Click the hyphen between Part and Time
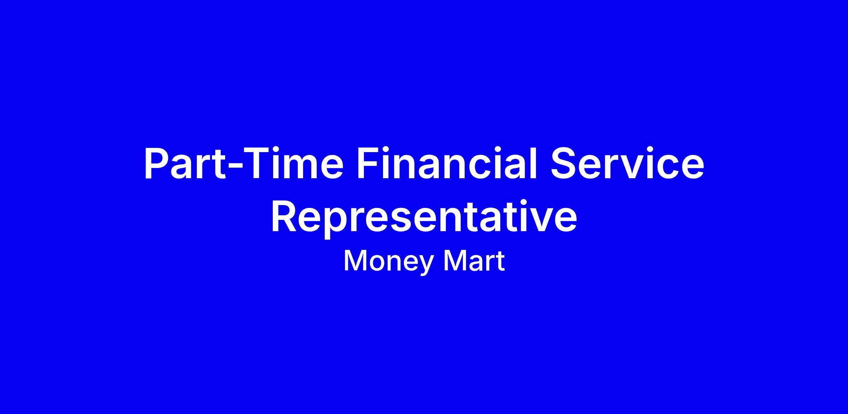coord(235,167)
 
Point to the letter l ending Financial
coord(533,163)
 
